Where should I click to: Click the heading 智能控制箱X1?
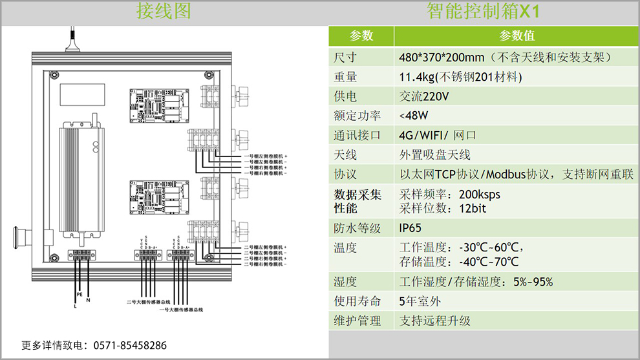coord(483,12)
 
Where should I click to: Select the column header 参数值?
coord(517,36)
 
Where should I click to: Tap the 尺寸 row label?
coord(345,57)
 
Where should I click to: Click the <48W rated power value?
coord(413,116)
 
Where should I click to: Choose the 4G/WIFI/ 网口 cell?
coord(437,135)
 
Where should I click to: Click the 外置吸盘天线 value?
coord(435,154)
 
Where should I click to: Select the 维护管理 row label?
coord(357,320)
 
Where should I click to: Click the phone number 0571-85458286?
coord(130,346)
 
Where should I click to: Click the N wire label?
coord(89,301)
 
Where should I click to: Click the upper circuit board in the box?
coord(158,103)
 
